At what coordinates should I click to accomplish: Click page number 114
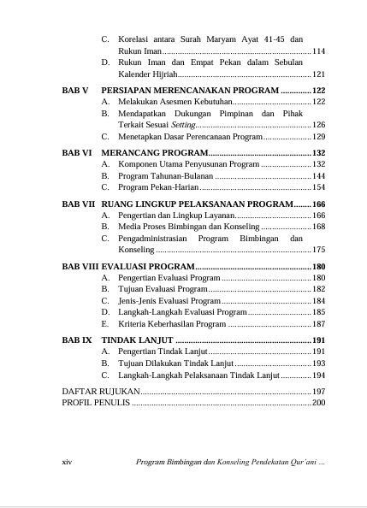coord(319,51)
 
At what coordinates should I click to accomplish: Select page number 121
coord(319,74)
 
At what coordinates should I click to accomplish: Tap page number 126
coord(319,125)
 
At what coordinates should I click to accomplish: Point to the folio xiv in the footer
coord(69,462)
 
